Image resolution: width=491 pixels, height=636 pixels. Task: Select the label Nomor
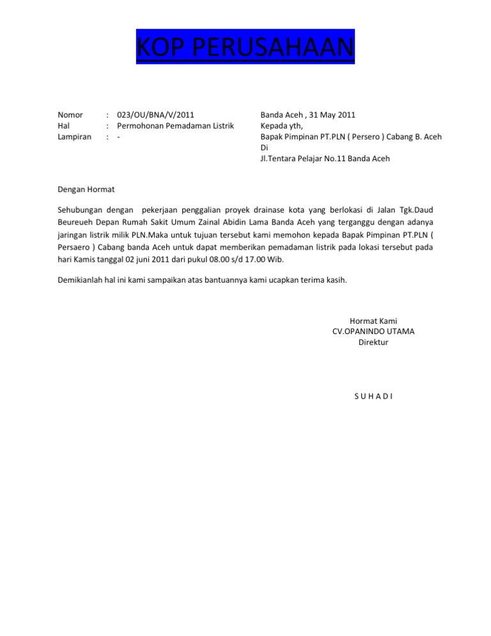[x=70, y=115]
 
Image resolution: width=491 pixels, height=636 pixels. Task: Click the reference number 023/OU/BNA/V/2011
[x=151, y=115]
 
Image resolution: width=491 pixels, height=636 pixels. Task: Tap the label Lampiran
[x=74, y=137]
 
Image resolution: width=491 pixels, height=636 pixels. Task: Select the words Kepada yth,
[x=282, y=126]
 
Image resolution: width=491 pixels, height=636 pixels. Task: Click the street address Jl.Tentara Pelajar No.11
[x=307, y=159]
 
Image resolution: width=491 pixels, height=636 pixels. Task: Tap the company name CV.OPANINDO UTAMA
[x=373, y=331]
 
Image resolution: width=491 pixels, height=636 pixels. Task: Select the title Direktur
[x=373, y=342]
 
